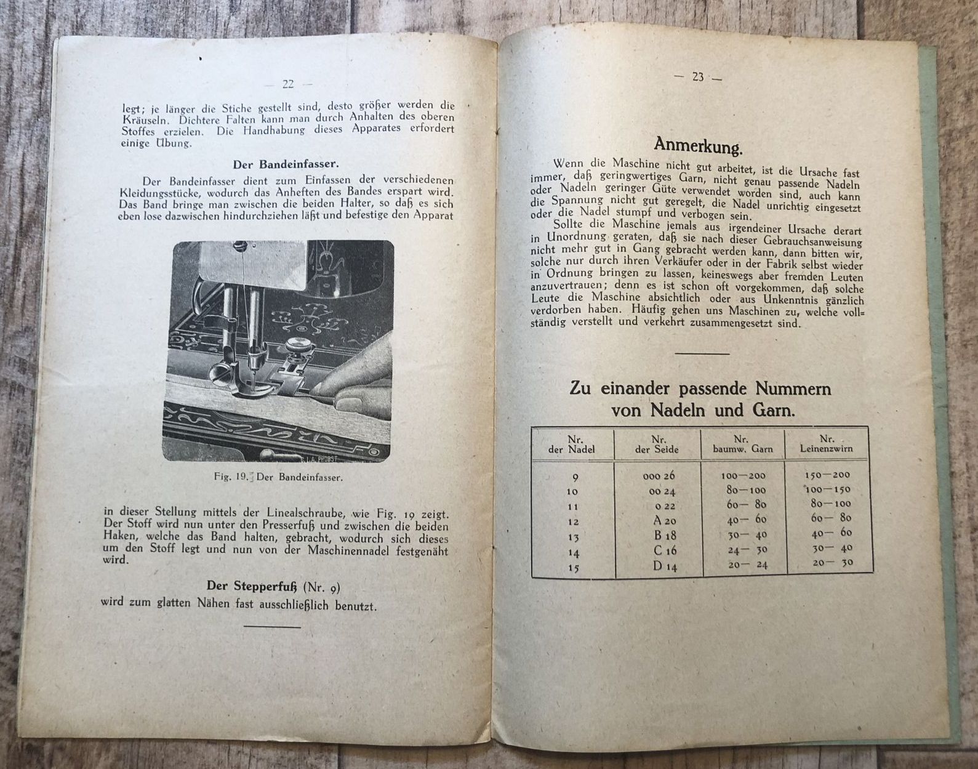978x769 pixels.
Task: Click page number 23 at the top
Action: tap(698, 78)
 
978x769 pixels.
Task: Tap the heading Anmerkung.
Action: tap(698, 146)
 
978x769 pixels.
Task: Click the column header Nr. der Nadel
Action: tap(572, 444)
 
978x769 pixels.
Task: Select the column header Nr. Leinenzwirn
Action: tap(826, 443)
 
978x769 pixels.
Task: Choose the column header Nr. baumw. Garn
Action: tap(743, 444)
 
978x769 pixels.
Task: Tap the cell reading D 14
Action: tap(665, 566)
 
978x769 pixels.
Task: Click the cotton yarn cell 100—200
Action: tap(744, 475)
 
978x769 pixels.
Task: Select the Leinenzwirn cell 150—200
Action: tap(827, 475)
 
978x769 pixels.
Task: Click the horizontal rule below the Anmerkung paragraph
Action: tap(702, 353)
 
